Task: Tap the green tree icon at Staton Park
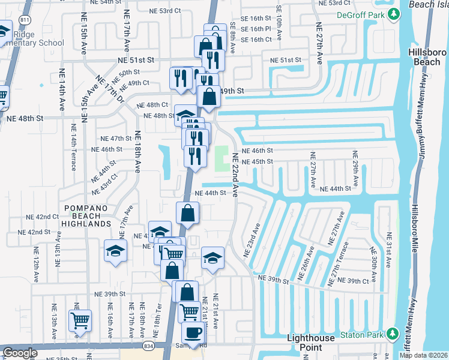click(x=393, y=333)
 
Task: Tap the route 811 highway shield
click(x=25, y=20)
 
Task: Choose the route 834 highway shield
click(x=147, y=346)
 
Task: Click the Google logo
click(x=20, y=353)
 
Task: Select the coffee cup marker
click(x=193, y=333)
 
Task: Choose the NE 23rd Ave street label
click(x=252, y=241)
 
